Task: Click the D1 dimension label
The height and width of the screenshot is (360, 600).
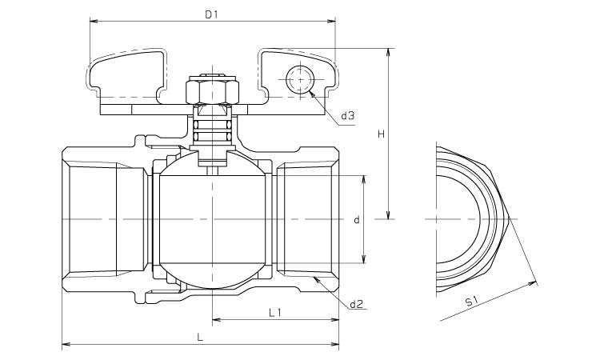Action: pos(212,14)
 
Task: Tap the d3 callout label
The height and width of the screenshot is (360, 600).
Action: pos(347,116)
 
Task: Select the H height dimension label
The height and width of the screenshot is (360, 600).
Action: pos(382,134)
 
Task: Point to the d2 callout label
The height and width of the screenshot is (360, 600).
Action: pos(357,304)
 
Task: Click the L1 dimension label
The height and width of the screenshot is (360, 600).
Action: pos(274,313)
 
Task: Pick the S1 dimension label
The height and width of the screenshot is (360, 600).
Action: pos(472,302)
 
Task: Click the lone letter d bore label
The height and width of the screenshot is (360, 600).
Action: pos(357,218)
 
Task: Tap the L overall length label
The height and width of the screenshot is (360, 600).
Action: pos(200,338)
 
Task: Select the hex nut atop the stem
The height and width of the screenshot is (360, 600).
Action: pos(212,90)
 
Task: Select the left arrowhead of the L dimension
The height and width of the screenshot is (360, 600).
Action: pos(65,346)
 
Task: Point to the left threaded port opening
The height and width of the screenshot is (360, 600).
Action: pos(88,218)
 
